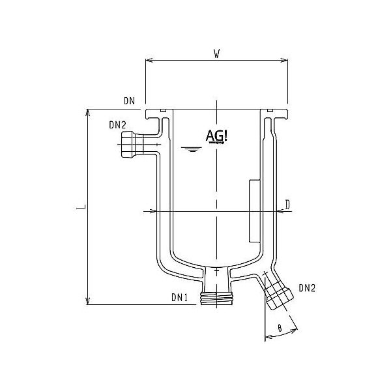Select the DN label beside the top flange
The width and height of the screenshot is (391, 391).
pos(128,101)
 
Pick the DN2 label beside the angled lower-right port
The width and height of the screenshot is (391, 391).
pos(308,287)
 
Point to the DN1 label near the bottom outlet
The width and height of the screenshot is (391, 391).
pos(179,297)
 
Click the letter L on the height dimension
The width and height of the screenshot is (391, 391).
pos(78,207)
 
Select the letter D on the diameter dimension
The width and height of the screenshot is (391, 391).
pos(287,205)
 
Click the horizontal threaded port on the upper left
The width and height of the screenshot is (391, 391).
pos(132,144)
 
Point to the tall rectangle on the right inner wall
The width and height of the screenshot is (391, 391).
pos(254,210)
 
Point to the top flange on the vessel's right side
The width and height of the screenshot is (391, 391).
pos(276,116)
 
